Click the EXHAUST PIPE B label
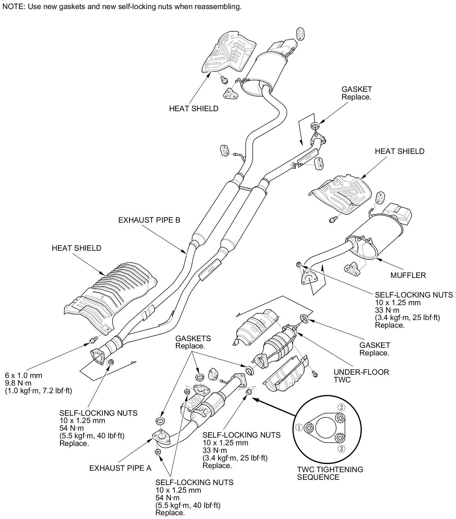pos(149,220)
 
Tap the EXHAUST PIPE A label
pos(120,468)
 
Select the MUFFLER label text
pos(408,275)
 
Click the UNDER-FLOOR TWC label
pos(361,376)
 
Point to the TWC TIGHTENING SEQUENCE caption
pos(330,473)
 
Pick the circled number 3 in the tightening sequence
pos(342,449)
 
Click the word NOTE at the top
pos(12,7)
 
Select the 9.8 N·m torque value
pos(18,383)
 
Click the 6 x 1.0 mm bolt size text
pos(23,375)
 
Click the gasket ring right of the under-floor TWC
pos(304,318)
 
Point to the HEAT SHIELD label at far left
pos(76,248)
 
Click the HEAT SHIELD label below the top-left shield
pos(193,109)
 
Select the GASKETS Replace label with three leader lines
pos(193,342)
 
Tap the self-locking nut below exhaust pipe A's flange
pos(157,452)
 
